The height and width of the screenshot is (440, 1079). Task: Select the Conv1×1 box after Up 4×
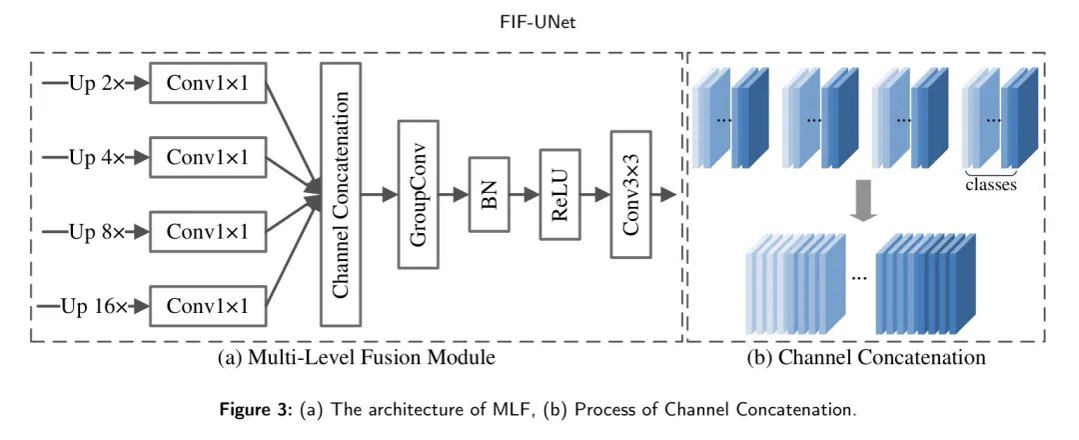[208, 157]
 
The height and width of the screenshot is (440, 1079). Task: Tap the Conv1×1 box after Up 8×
[208, 232]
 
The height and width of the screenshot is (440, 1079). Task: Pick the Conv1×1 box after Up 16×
[208, 306]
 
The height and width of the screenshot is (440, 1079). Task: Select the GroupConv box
[420, 194]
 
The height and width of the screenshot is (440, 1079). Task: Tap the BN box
[490, 194]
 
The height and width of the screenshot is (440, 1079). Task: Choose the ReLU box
[559, 194]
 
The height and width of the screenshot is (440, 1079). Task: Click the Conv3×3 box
[631, 194]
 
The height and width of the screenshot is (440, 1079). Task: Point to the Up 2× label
[96, 82]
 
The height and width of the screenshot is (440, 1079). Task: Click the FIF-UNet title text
[539, 22]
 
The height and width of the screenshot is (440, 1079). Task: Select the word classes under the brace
[990, 185]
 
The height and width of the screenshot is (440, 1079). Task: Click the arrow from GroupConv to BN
[456, 194]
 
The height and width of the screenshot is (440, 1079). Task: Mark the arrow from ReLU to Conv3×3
[595, 194]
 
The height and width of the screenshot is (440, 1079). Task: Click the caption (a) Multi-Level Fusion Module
[356, 356]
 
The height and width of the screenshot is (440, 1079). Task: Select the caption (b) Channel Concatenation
[866, 356]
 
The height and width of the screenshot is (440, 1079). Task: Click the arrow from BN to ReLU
[525, 194]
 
